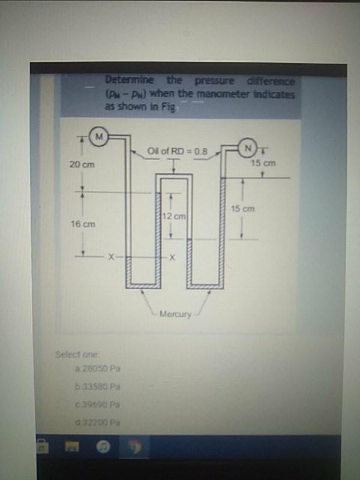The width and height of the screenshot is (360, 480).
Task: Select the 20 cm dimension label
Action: (80, 164)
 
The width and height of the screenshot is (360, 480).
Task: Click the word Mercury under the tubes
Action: (176, 314)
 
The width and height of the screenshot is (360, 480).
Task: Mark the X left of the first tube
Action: (111, 257)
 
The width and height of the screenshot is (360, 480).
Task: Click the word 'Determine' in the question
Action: (129, 80)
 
